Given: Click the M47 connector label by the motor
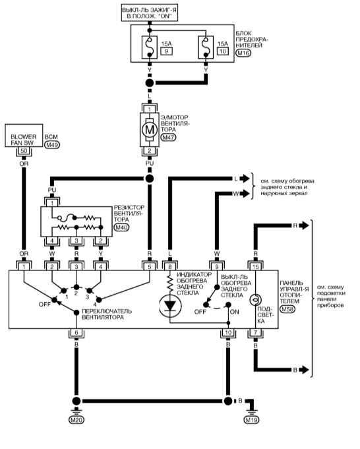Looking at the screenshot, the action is (168, 137).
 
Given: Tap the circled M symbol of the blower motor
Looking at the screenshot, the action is (150, 130).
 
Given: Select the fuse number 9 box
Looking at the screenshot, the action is (166, 51).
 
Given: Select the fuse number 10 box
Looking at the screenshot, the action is (223, 51).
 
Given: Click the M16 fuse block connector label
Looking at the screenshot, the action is (243, 53).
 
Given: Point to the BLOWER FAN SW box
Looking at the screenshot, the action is (24, 135).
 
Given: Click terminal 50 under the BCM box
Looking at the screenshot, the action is (24, 150).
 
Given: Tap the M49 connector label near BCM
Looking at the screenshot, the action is (52, 145).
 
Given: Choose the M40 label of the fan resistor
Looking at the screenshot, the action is (121, 227).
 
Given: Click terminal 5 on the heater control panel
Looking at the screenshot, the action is (150, 267).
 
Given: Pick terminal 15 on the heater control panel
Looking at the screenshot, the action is (255, 267).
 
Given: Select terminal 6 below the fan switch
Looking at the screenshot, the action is (76, 332).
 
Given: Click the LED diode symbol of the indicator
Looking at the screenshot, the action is (170, 307).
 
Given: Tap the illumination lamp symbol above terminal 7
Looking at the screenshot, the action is (255, 300).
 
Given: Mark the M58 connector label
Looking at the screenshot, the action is (287, 309).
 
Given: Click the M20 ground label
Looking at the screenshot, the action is (76, 420).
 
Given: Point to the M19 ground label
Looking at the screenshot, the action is (251, 420).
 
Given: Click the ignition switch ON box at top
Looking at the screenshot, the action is (150, 13).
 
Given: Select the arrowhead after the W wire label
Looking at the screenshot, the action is (245, 194).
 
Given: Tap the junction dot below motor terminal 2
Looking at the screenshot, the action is (149, 179).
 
